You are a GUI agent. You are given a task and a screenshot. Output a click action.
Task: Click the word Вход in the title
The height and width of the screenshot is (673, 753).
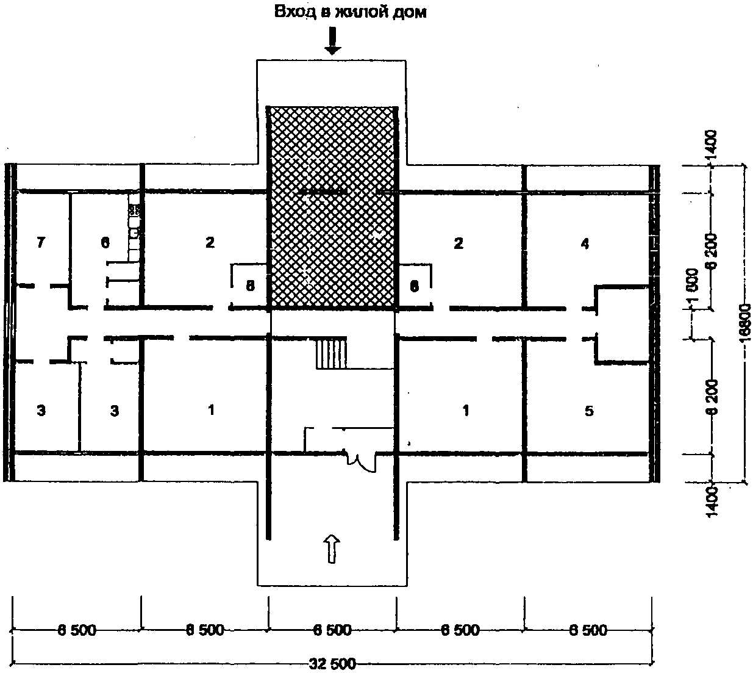[x=291, y=12]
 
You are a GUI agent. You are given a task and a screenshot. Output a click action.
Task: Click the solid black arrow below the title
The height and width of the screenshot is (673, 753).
[x=332, y=41]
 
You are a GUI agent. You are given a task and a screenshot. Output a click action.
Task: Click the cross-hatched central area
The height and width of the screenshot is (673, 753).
[x=332, y=207]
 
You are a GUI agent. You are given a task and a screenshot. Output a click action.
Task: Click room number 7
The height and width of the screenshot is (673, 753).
[x=41, y=243]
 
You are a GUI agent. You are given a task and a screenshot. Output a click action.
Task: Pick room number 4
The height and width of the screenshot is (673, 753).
[x=585, y=244]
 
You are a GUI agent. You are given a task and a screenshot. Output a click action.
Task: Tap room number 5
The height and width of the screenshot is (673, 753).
[x=588, y=411]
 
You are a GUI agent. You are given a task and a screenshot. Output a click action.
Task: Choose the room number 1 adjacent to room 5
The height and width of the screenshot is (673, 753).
[x=466, y=410]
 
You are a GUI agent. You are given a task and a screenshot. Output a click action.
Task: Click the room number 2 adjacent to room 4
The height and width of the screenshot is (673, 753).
[x=459, y=243]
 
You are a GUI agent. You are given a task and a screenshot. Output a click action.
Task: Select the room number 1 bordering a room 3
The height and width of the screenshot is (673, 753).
[x=211, y=409]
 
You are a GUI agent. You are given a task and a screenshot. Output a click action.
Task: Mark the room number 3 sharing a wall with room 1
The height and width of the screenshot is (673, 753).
[x=115, y=411]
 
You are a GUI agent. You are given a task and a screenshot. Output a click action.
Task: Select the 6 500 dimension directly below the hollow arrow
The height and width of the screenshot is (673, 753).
[x=332, y=630]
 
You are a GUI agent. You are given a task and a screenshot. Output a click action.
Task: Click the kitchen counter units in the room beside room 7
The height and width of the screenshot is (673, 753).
[x=134, y=226]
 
